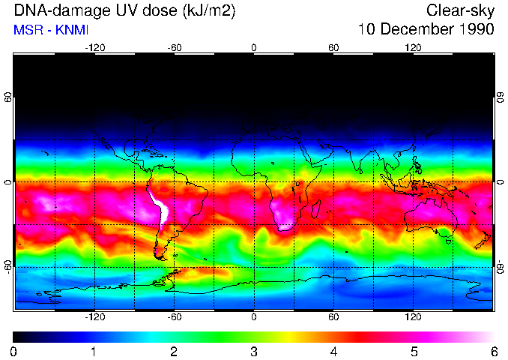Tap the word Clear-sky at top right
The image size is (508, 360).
[460, 11]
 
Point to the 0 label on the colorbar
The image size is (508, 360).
[13, 351]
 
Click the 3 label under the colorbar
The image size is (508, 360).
[254, 351]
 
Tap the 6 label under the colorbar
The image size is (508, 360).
[493, 351]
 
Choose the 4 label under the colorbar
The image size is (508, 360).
[333, 351]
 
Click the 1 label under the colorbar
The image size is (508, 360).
[94, 351]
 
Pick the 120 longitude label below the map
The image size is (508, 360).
[413, 317]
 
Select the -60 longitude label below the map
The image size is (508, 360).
[175, 317]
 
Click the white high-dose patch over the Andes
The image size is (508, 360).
[160, 209]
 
